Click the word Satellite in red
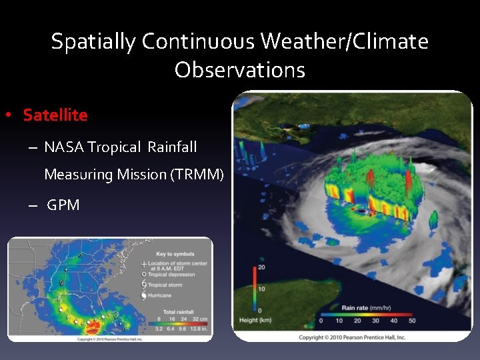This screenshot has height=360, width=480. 55,115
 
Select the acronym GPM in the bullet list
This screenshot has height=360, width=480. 63,205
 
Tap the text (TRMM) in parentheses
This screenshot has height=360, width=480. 198,175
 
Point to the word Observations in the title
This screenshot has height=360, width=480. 240,69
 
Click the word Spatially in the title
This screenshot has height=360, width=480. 93,41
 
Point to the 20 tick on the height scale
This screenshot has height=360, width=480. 262,267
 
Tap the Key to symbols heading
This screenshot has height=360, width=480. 175,255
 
